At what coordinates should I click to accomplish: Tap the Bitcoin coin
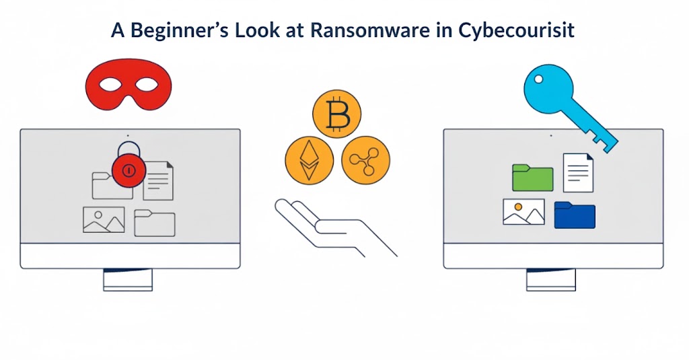[x=336, y=114]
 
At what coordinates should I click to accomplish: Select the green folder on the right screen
[x=532, y=178]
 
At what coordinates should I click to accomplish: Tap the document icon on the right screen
[x=578, y=172]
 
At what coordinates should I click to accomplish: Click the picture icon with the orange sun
[x=523, y=211]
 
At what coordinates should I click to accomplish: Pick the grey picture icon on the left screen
[x=104, y=219]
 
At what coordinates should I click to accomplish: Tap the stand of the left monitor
[x=128, y=279]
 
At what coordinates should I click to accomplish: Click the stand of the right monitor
[x=551, y=279]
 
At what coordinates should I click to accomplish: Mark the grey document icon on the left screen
[x=158, y=180]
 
